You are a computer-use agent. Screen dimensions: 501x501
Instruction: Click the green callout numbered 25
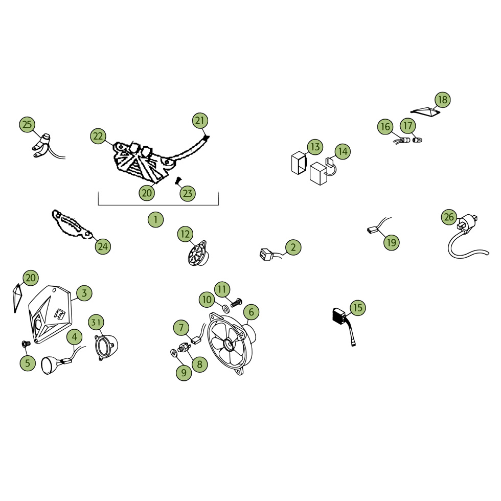[28, 124]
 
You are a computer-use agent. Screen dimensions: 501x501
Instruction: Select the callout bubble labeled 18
[443, 100]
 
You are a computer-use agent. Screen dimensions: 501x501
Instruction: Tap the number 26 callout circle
[449, 217]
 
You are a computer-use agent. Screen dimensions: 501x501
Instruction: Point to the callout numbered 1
[155, 219]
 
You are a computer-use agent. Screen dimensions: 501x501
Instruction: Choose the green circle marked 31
[96, 322]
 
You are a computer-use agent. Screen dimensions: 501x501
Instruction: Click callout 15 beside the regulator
[358, 308]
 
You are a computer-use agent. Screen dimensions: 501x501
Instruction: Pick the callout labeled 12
[185, 234]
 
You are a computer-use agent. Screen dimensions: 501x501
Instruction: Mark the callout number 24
[103, 246]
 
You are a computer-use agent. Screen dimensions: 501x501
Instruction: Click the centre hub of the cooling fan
[230, 345]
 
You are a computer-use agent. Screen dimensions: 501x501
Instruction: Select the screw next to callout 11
[236, 302]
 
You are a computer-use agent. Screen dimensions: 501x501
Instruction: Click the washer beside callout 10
[225, 308]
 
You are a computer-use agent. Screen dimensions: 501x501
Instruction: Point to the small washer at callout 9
[174, 353]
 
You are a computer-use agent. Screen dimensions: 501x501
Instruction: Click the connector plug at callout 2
[267, 254]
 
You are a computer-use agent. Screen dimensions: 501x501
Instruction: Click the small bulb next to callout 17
[417, 140]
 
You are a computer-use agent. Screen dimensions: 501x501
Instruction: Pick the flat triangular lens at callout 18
[425, 111]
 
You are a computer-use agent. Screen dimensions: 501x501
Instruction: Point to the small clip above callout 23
[178, 181]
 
